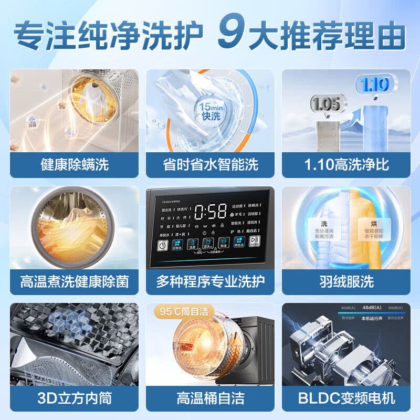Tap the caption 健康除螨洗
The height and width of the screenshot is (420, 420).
tap(74, 165)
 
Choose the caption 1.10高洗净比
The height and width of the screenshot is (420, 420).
tap(346, 165)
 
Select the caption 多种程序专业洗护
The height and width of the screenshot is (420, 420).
tap(210, 281)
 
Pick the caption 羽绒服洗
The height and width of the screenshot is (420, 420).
tap(346, 281)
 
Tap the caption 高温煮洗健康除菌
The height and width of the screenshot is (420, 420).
tap(74, 281)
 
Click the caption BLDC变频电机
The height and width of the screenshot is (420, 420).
tap(346, 398)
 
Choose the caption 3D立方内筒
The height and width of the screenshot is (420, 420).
tap(74, 398)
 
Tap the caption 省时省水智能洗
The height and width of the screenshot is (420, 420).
tap(210, 165)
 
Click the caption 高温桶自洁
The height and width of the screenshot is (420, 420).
tap(210, 398)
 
